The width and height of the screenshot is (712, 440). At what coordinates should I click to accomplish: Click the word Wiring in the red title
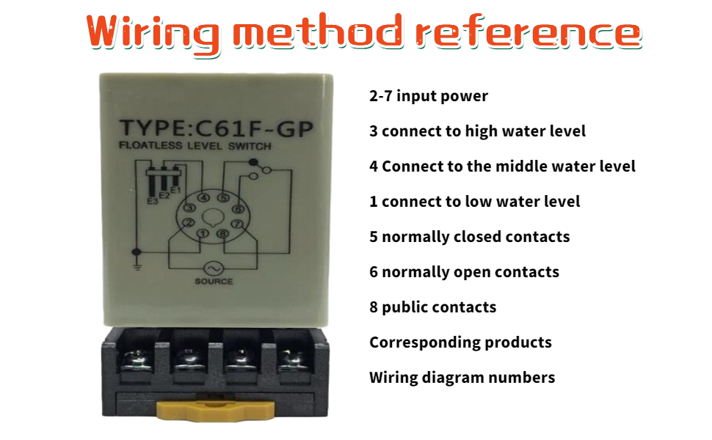click(x=153, y=34)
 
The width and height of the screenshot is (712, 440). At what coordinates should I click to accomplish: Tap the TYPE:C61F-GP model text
click(x=216, y=129)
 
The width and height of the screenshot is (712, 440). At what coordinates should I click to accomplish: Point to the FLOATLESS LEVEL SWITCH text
click(x=195, y=146)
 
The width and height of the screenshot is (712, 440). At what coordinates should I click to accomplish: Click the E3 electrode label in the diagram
click(x=152, y=200)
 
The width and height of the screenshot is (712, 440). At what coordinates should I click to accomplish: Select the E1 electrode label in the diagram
click(x=175, y=190)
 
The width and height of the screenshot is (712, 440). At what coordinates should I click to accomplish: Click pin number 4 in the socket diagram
click(x=204, y=198)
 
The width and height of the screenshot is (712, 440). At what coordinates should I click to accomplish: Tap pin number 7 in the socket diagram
click(x=237, y=224)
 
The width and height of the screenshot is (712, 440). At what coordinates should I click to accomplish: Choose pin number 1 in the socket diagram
click(x=203, y=233)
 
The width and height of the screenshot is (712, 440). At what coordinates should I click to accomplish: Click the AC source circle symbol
click(x=214, y=268)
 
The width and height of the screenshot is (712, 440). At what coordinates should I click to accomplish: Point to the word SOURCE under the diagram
click(x=214, y=282)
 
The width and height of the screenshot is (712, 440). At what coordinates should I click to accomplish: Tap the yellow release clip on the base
click(x=215, y=410)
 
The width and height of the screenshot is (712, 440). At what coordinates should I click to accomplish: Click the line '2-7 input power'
click(x=429, y=96)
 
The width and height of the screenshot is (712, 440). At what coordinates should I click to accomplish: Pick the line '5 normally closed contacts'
click(x=470, y=237)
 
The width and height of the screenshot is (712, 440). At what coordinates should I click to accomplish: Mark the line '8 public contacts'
click(x=433, y=307)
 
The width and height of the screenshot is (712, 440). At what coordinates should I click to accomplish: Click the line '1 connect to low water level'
click(x=474, y=202)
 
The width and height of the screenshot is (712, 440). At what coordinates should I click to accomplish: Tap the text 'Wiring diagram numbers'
click(x=462, y=378)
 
